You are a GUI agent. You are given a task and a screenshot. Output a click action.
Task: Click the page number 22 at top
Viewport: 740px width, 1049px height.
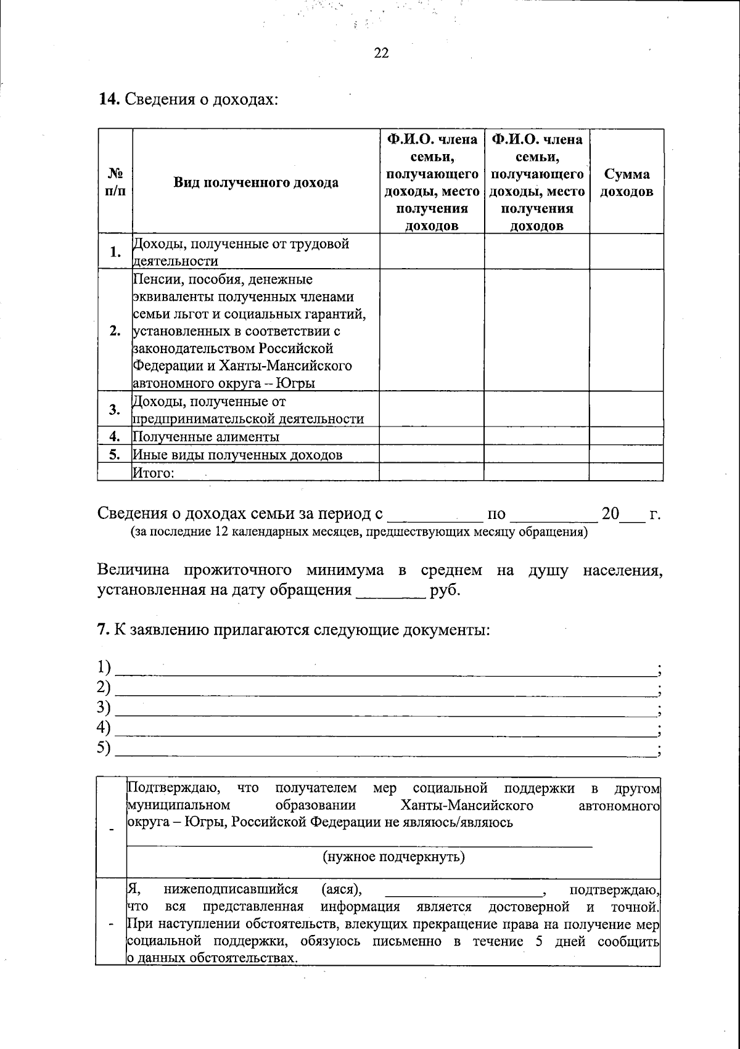[381, 54]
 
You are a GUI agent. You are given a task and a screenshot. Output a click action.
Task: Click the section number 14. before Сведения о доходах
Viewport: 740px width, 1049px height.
[110, 99]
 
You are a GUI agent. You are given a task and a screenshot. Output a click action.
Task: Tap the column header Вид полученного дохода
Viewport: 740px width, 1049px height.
[255, 182]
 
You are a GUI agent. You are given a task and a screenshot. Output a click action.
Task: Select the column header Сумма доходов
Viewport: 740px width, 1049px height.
[626, 183]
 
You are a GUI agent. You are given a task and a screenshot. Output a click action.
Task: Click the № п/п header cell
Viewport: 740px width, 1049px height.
[115, 182]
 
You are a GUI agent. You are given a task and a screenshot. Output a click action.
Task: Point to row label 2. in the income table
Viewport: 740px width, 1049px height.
[115, 331]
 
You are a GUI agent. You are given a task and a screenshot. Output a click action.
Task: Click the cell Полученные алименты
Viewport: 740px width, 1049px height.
[206, 437]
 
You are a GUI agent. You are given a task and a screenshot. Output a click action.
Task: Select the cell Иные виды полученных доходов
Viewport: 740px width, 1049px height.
[237, 455]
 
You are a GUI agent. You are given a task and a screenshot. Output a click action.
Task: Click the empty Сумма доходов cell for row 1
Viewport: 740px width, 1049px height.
[626, 251]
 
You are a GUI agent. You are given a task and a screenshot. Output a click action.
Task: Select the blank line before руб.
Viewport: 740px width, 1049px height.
[391, 590]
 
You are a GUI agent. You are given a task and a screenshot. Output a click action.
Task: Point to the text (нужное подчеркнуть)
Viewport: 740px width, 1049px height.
[393, 857]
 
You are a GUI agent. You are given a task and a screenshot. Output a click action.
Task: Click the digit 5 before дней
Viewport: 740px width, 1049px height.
[540, 941]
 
